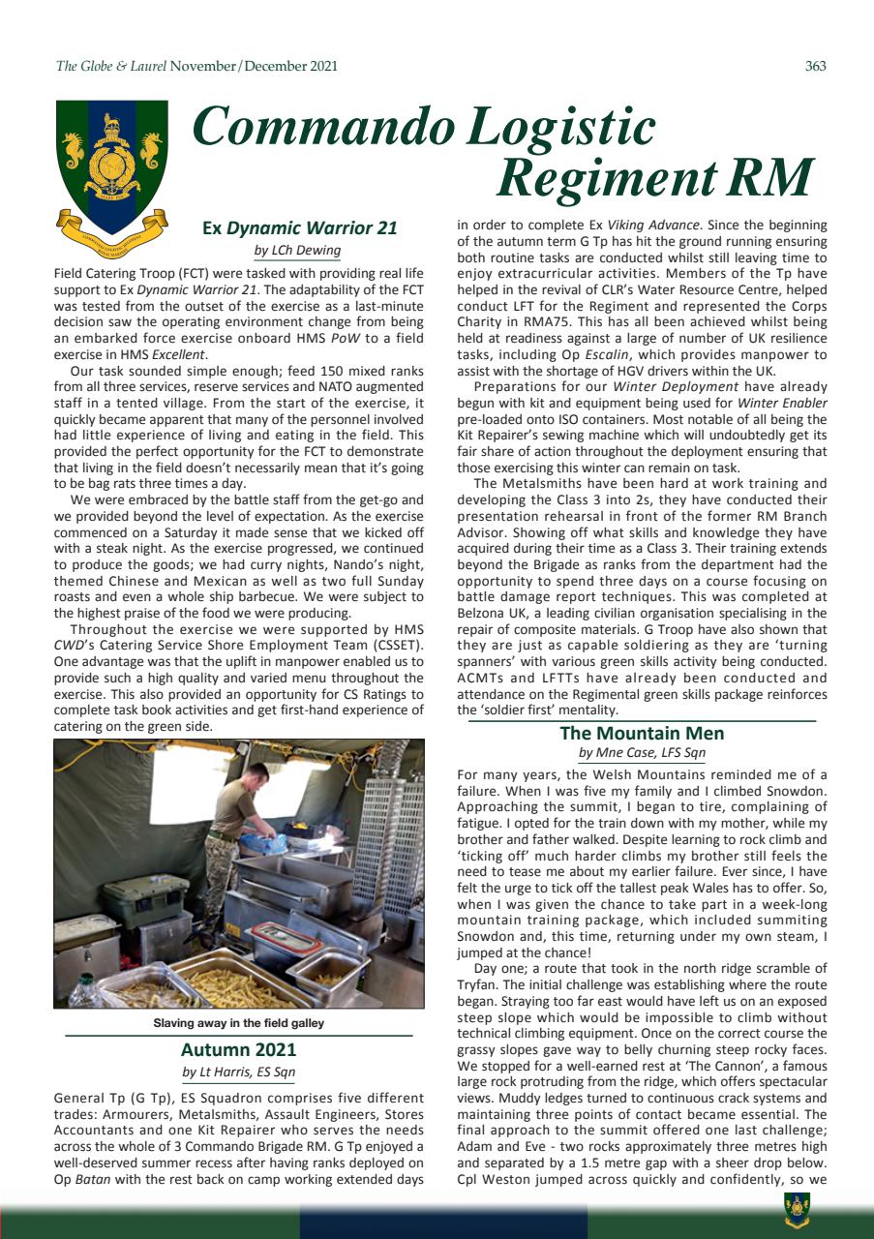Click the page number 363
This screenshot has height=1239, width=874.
(815, 67)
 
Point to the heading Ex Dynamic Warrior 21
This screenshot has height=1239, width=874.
(299, 229)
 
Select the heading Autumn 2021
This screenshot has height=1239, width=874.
(238, 1049)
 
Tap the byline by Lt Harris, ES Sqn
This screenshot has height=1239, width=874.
(238, 1072)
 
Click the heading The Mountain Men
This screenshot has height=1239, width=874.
(642, 734)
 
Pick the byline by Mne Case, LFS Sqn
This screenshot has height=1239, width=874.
(642, 752)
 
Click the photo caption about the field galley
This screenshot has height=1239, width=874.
(238, 1022)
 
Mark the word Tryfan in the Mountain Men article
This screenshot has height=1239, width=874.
(476, 985)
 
